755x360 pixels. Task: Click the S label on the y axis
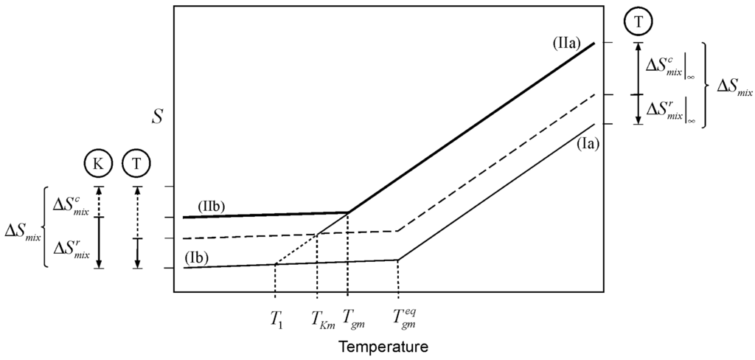click(x=157, y=116)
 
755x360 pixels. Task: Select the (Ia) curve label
click(x=590, y=145)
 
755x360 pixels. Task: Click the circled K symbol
click(x=98, y=163)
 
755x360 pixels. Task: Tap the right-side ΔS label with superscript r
click(x=670, y=110)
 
